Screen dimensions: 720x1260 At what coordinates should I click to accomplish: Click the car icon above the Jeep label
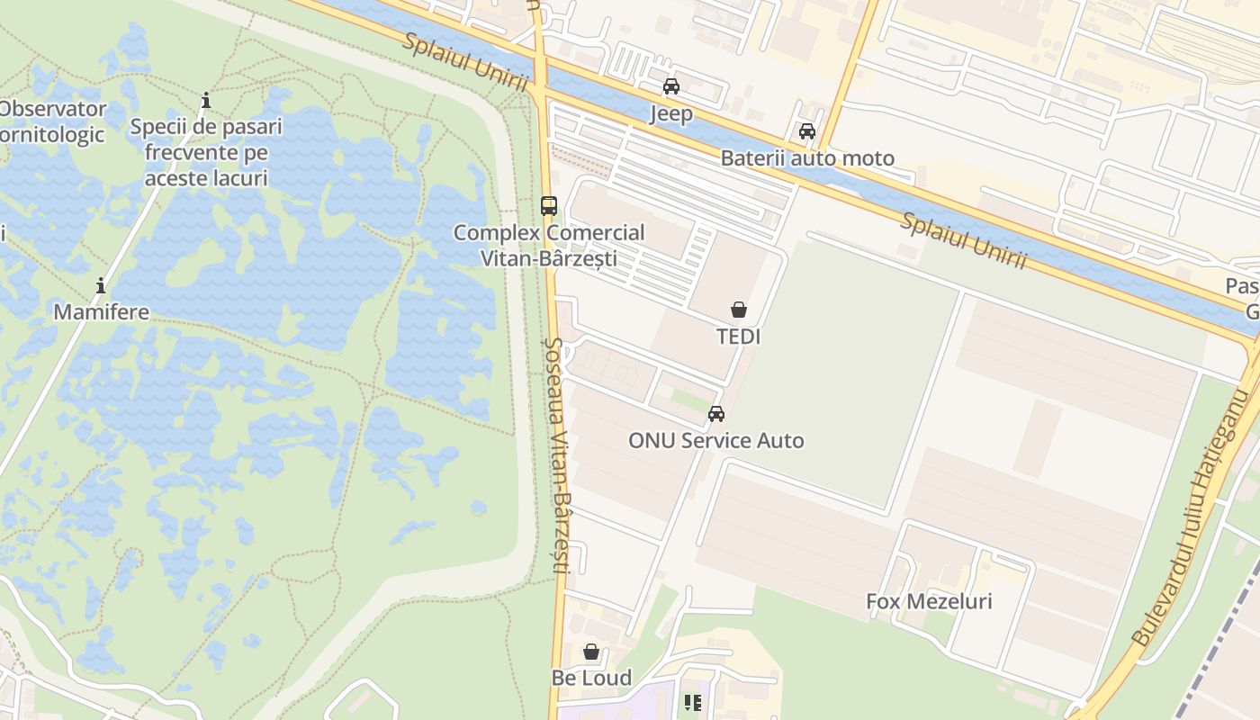670,86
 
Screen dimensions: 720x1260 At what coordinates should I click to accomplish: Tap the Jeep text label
671,113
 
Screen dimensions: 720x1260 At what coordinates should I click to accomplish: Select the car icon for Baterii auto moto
807,131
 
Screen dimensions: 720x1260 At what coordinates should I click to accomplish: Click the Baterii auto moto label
807,158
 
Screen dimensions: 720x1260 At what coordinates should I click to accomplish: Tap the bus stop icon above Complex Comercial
548,205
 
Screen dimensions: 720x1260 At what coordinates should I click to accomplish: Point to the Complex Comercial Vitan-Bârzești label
549,245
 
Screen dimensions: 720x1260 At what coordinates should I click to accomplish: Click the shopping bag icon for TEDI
738,310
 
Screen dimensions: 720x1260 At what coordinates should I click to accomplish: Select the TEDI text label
738,337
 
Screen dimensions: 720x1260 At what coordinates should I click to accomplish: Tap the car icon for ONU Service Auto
716,414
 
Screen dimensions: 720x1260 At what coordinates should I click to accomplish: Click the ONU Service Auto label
716,441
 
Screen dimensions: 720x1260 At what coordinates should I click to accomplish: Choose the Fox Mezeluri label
929,601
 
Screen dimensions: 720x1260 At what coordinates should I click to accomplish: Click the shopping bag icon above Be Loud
591,652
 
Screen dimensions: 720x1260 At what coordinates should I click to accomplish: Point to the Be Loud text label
591,678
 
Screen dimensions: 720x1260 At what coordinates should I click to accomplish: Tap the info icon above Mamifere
101,286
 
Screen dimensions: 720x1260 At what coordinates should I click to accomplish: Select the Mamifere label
101,312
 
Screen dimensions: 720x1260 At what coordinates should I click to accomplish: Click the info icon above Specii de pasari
206,100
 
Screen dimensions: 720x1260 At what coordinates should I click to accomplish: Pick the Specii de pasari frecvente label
206,152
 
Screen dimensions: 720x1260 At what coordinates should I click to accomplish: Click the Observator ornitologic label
52,121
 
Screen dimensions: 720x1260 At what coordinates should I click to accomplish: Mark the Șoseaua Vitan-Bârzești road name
557,454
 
